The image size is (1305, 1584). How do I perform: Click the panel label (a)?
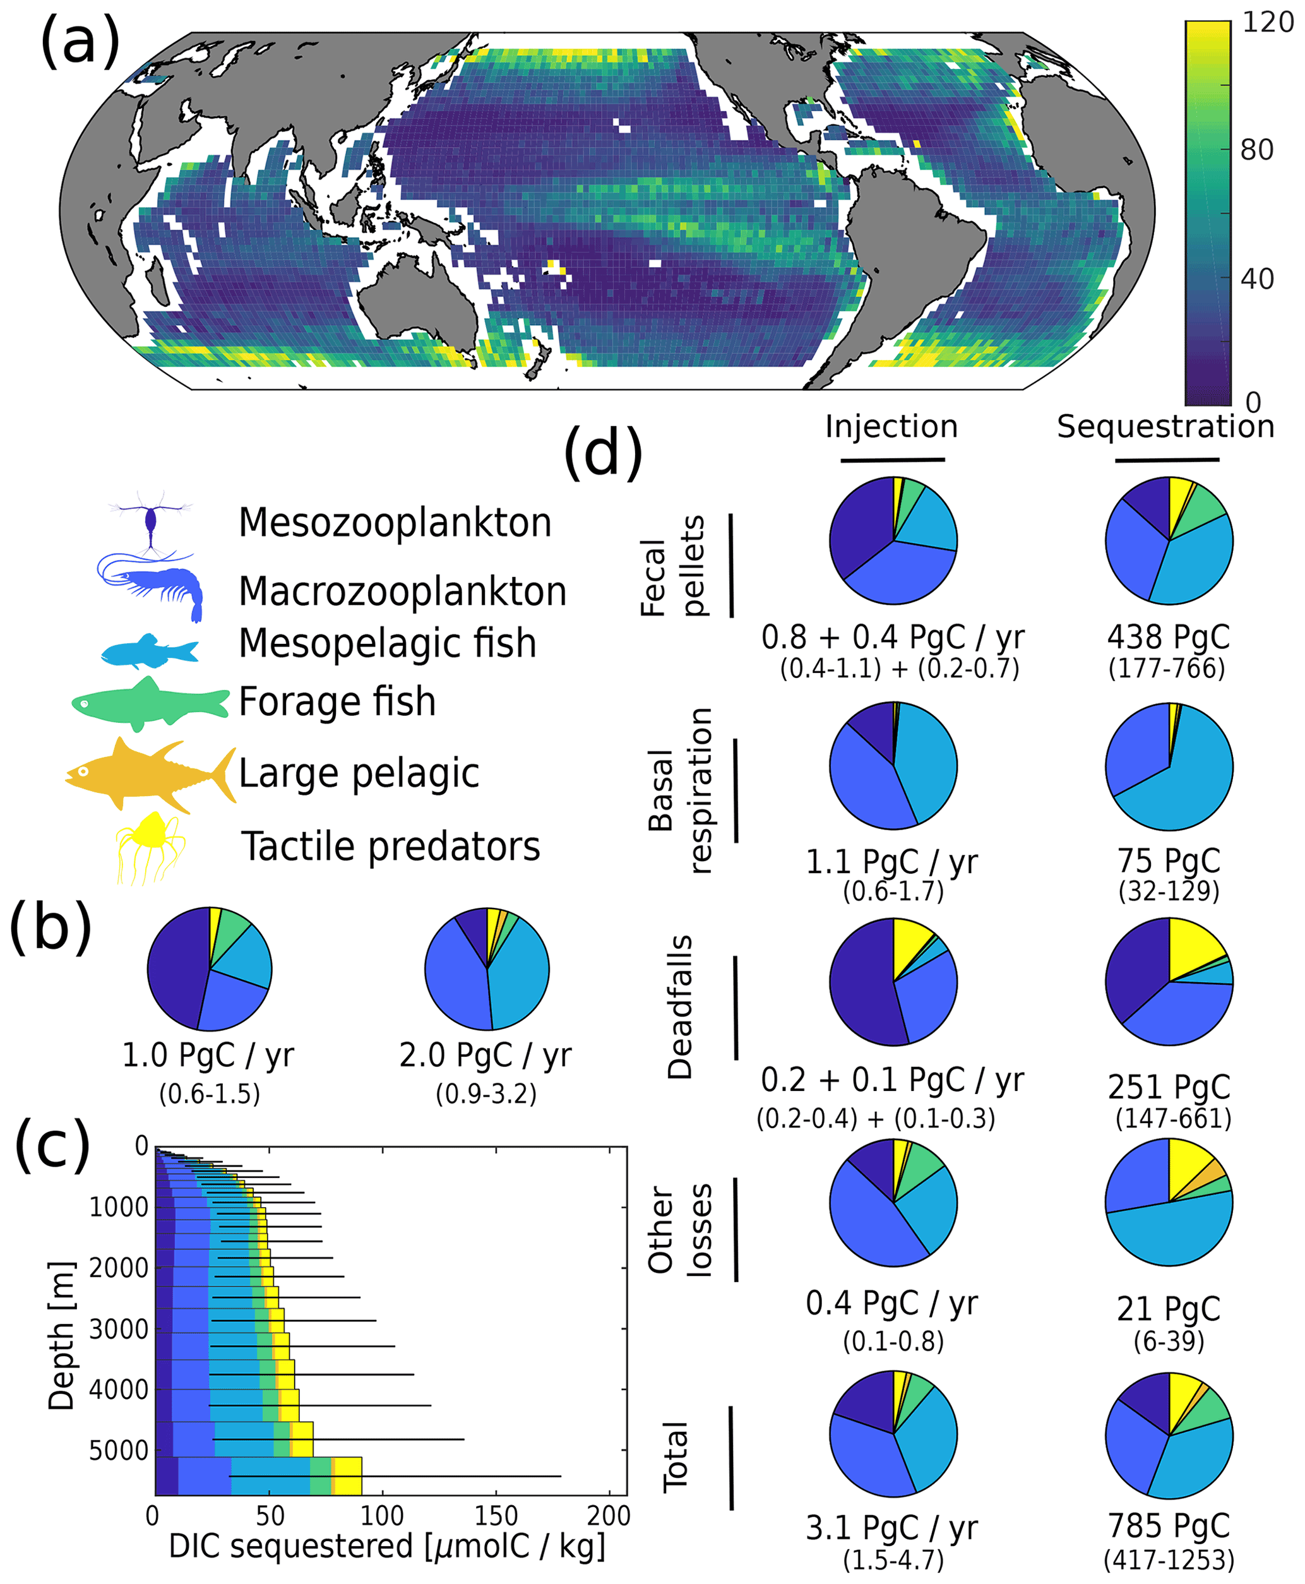[80, 41]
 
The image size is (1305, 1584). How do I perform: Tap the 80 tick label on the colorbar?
[1256, 150]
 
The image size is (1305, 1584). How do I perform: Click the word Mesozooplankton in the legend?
[395, 523]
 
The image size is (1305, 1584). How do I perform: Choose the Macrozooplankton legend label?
[402, 591]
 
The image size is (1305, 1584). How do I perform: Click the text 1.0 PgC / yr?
[208, 1056]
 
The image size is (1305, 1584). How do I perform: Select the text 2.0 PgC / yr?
[486, 1056]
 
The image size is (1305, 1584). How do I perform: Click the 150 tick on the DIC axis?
[496, 1515]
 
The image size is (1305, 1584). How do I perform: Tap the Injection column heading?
[891, 426]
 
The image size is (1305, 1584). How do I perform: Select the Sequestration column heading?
[1166, 427]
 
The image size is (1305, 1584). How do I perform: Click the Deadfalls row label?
[679, 1008]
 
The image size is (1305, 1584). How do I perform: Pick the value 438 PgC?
[1168, 637]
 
